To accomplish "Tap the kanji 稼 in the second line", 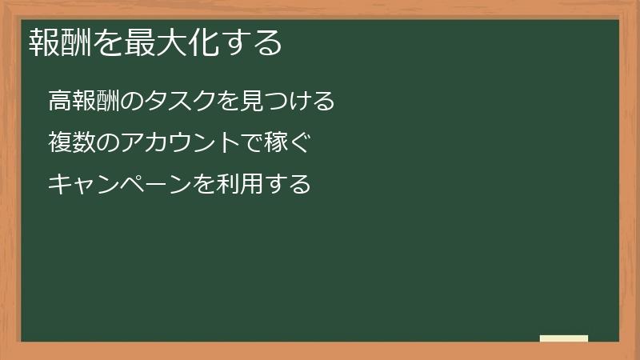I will pos(276,143).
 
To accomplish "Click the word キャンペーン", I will pos(121,185).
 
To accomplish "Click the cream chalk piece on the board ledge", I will pos(564,338).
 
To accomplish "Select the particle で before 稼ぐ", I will pos(252,143).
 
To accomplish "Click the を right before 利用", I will pos(205,185).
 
